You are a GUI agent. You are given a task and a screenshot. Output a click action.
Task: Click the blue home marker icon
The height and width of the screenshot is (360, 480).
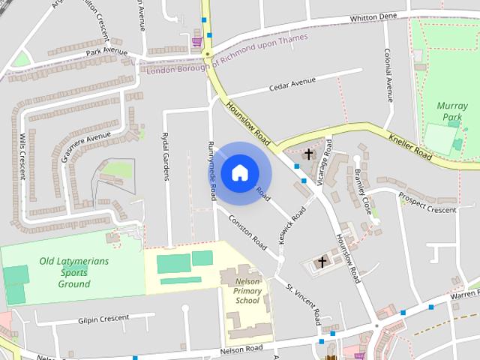239,173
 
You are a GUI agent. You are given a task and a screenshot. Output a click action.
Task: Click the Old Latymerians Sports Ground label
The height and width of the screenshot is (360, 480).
73,272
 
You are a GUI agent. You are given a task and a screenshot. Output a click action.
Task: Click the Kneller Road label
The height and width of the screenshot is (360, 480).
411,146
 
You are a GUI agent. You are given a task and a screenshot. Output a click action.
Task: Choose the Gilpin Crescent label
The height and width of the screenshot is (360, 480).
103,319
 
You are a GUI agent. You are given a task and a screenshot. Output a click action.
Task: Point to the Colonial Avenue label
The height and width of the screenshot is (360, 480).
388,75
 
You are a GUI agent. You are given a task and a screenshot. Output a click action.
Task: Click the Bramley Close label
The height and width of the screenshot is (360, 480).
363,190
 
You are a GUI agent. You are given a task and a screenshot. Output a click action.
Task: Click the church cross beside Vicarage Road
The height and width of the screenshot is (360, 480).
309,154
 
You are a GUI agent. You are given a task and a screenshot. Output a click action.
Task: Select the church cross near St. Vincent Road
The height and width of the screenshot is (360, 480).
322,262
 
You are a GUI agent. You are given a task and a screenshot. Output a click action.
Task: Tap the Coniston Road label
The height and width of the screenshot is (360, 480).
248,232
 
